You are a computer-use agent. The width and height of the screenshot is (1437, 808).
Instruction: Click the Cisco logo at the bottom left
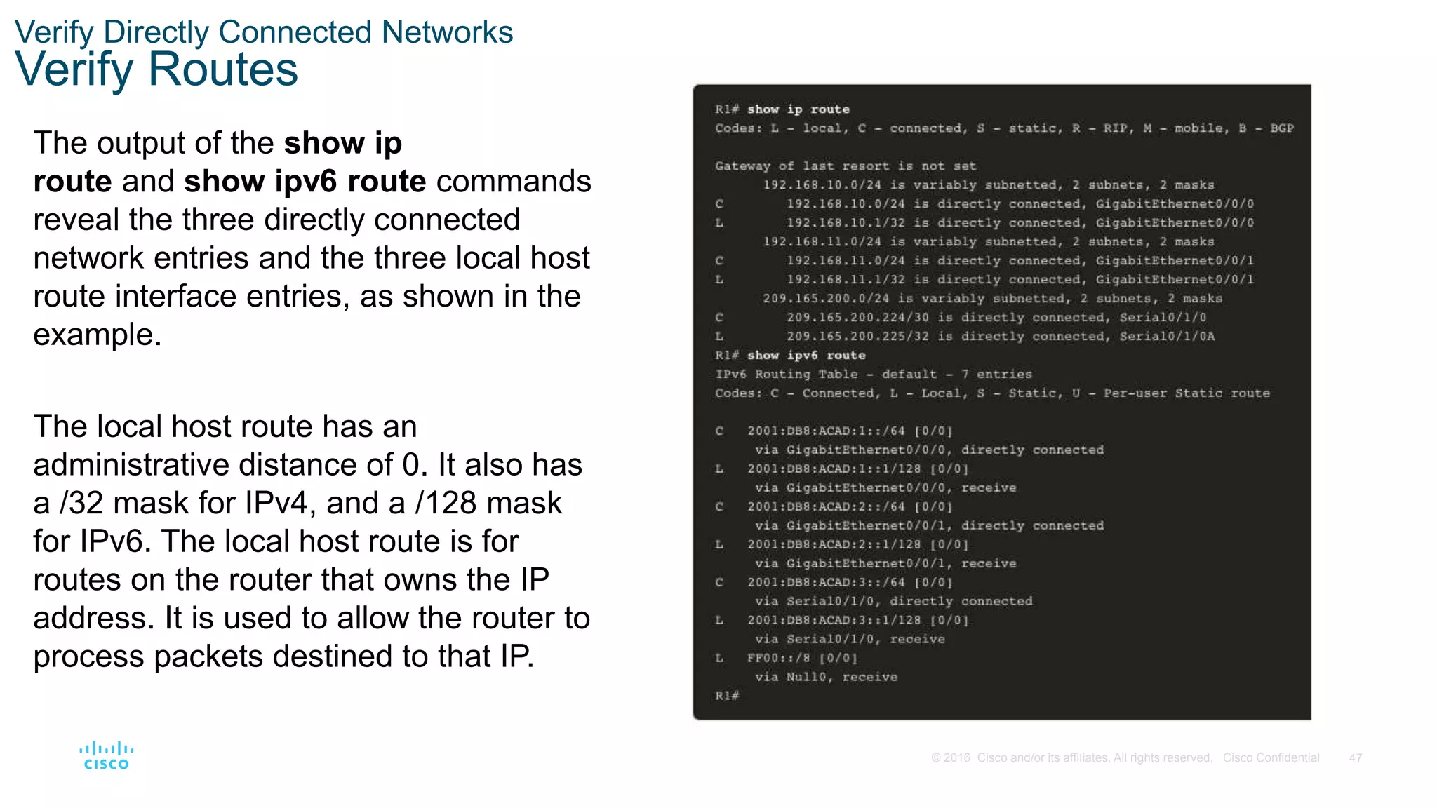pyautogui.click(x=106, y=756)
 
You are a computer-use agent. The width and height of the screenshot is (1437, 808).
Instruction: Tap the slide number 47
pyautogui.click(x=1355, y=758)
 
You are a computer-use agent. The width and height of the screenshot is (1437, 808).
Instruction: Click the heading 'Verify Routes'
pyautogui.click(x=156, y=69)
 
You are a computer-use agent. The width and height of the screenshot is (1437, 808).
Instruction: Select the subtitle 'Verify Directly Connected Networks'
pyautogui.click(x=264, y=32)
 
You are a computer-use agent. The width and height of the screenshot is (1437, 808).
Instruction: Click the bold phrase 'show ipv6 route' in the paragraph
pyautogui.click(x=305, y=182)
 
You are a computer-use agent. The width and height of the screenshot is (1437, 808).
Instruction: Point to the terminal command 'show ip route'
pyautogui.click(x=798, y=109)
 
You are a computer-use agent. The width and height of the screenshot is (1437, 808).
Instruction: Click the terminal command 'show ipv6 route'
pyautogui.click(x=806, y=356)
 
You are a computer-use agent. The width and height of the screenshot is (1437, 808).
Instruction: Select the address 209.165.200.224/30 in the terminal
pyautogui.click(x=857, y=318)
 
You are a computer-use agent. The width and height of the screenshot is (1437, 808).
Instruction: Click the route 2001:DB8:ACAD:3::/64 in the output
pyautogui.click(x=826, y=583)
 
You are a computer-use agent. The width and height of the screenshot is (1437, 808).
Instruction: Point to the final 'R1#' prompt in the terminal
pyautogui.click(x=727, y=696)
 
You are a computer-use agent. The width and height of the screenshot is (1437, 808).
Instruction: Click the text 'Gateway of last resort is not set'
pyautogui.click(x=845, y=166)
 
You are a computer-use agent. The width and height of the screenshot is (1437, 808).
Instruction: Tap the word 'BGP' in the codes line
pyautogui.click(x=1281, y=128)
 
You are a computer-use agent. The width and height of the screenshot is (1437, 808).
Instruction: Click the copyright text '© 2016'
pyautogui.click(x=950, y=758)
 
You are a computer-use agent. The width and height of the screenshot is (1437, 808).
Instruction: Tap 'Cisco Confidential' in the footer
pyautogui.click(x=1271, y=758)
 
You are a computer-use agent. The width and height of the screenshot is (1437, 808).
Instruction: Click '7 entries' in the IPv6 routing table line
pyautogui.click(x=996, y=375)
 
